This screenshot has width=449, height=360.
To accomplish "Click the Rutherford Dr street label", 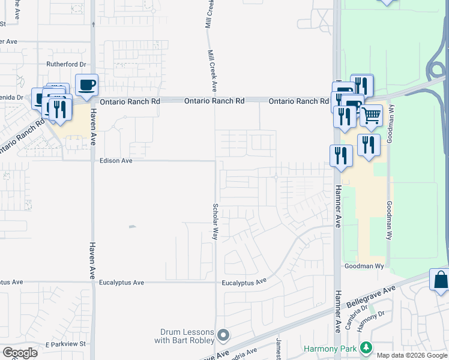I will point(67,64).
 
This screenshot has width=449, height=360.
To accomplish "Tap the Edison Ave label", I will point(116,161).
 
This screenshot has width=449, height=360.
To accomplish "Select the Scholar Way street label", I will point(214,221).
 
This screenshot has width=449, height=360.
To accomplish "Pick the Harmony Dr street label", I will point(370,322).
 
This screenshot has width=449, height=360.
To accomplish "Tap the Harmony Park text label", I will point(330,348).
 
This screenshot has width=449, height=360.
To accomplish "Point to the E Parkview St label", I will point(67,344).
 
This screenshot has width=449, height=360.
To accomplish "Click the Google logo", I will point(20,352).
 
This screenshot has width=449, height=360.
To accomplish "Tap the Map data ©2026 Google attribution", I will point(412,355).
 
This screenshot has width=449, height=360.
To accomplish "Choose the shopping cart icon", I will point(372,115).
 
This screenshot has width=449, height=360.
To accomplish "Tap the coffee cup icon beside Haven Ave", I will point(86,85).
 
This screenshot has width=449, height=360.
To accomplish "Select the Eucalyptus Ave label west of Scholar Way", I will point(122,282).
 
